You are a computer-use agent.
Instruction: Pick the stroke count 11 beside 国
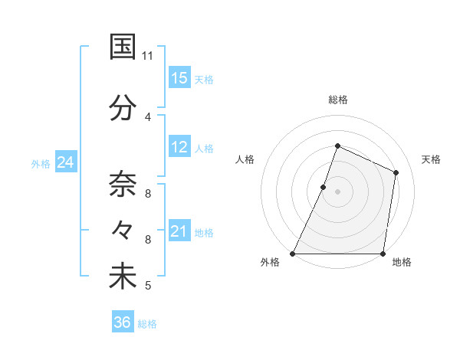click(148, 55)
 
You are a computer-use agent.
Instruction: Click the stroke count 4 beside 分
click(148, 116)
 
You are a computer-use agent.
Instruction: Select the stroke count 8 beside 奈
click(148, 194)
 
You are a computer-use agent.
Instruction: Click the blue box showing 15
click(179, 78)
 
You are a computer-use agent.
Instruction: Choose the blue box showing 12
click(179, 148)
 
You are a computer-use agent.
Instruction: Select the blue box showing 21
click(179, 232)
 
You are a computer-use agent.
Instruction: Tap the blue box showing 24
click(66, 163)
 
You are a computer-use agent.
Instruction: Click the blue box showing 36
click(123, 322)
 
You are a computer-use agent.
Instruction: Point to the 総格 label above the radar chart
click(338, 100)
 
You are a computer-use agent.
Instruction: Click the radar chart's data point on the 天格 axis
click(396, 172)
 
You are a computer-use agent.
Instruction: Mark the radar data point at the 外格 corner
click(293, 254)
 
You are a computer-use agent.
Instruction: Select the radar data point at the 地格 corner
click(383, 254)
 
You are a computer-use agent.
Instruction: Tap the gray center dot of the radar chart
click(338, 191)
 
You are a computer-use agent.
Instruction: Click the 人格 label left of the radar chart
click(245, 159)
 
